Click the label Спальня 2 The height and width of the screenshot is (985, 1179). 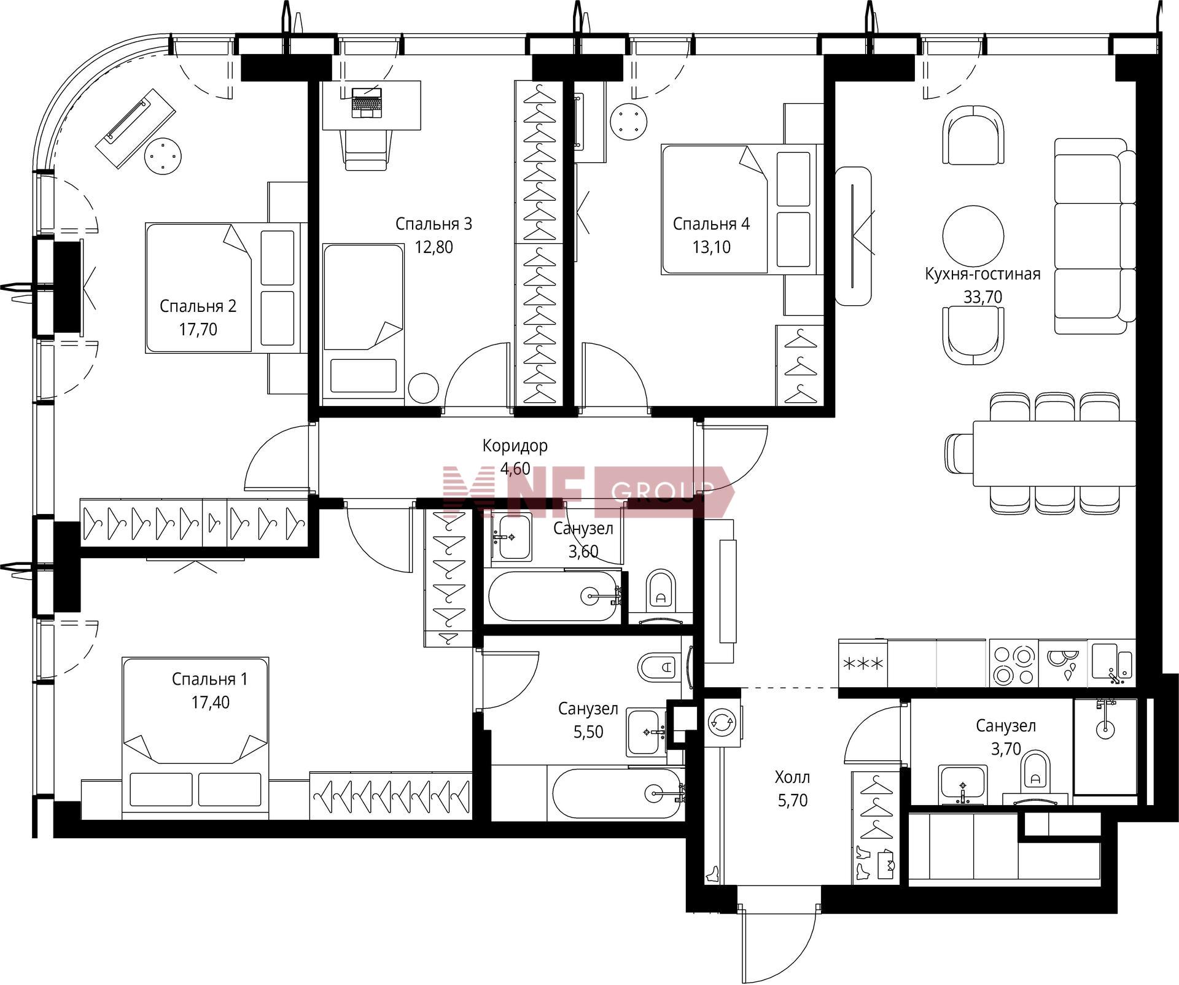[198, 306]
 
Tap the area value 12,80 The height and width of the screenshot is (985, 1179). [434, 247]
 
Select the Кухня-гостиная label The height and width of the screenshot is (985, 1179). [982, 274]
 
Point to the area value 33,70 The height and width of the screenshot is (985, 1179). [982, 297]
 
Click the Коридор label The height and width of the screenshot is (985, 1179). [515, 446]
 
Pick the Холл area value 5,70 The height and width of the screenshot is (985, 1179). [792, 801]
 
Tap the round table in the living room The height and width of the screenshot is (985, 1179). [973, 236]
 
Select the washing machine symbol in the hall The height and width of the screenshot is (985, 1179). [722, 723]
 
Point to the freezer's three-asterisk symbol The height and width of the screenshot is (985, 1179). [863, 664]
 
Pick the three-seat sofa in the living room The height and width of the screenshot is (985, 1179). [1095, 236]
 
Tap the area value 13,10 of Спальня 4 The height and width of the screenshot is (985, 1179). [711, 247]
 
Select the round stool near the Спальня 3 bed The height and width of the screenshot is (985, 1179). [423, 389]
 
